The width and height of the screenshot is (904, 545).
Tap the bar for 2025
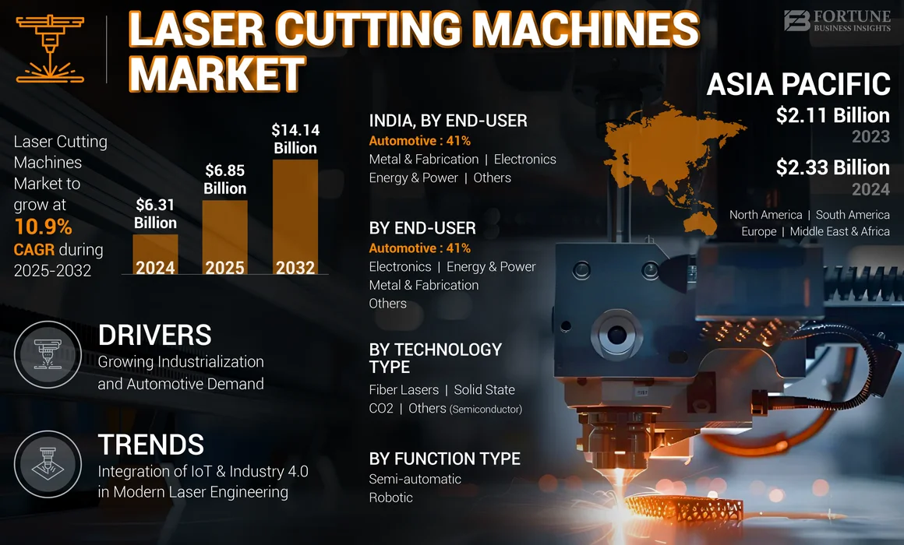pos(225,237)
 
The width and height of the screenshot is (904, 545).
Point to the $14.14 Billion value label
pos(295,139)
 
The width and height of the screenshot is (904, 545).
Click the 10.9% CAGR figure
pos(43,227)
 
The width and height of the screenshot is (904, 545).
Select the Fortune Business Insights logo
pos(837,20)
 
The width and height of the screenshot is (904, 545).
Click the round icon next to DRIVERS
pos(48,354)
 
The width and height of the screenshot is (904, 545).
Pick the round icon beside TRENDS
pos(48,464)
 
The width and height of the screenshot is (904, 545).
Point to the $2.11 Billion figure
pos(832,116)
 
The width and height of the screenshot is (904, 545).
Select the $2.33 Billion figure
pos(832,167)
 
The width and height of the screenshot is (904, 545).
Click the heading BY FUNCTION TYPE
pos(444,459)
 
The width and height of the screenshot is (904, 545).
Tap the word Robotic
pos(390,498)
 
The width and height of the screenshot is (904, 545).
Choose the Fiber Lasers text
pos(404,389)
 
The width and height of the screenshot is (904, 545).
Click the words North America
pos(765,215)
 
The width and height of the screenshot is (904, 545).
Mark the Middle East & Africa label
pos(839,231)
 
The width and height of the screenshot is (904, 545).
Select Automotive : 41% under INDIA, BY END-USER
pos(419,141)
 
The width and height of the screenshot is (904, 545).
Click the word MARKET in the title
pos(216,75)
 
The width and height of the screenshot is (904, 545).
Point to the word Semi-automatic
pos(415,479)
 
